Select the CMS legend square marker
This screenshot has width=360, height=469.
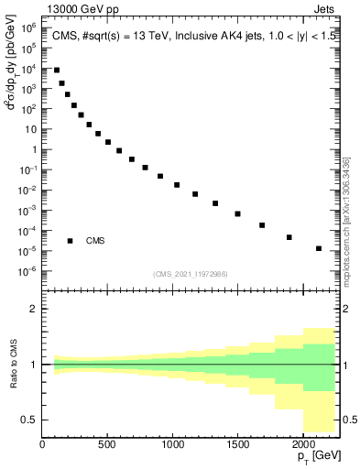tap(70, 241)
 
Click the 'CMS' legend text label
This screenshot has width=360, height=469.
tap(95, 241)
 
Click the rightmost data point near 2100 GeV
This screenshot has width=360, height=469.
tap(319, 248)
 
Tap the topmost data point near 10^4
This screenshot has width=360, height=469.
tap(56, 70)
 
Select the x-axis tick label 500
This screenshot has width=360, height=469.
tap(107, 444)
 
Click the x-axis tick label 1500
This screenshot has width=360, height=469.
tap(236, 444)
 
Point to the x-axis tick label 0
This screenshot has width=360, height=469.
tap(43, 444)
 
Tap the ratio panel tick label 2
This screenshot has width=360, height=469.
tap(34, 309)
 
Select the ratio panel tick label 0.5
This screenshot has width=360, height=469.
tap(30, 420)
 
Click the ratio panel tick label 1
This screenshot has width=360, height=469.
tap(34, 365)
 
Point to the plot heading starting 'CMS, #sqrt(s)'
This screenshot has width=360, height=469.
tap(192, 36)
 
